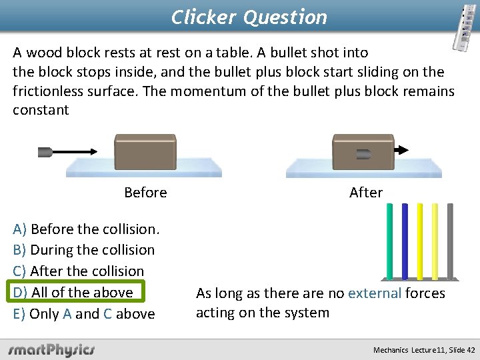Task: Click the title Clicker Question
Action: (x=249, y=17)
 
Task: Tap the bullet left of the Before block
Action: (x=45, y=152)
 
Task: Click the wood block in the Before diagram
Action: (x=145, y=151)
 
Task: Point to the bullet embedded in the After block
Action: (x=364, y=154)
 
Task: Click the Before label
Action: (x=145, y=193)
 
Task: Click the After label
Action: (x=366, y=193)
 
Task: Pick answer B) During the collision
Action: (x=84, y=251)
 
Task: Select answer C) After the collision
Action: (x=79, y=271)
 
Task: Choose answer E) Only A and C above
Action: (x=84, y=314)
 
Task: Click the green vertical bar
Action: (x=389, y=240)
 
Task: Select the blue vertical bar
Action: (x=405, y=240)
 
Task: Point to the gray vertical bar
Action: (x=450, y=240)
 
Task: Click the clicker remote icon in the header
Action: (x=467, y=26)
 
